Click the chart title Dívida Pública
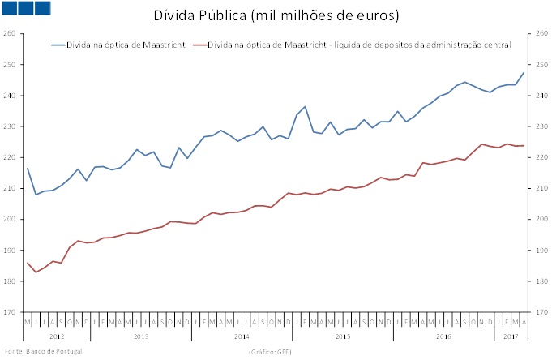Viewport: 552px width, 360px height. [x=276, y=15]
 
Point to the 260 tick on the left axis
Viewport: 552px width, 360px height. [x=11, y=33]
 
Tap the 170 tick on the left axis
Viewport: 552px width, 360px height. [x=11, y=312]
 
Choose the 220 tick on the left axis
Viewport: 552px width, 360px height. [x=11, y=157]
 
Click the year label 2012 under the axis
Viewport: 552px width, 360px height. [x=57, y=335]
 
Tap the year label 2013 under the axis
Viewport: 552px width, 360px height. [x=141, y=335]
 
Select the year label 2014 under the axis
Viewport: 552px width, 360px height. [x=242, y=335]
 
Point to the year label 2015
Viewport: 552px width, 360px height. [x=343, y=335]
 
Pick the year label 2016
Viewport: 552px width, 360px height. [x=444, y=335]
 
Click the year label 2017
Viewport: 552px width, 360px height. [x=511, y=335]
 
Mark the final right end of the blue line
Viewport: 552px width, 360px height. [x=524, y=73]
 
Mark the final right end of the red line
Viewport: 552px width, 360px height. [x=524, y=146]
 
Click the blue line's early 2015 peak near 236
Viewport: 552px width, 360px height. [x=305, y=106]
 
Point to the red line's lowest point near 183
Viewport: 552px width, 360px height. [x=36, y=272]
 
